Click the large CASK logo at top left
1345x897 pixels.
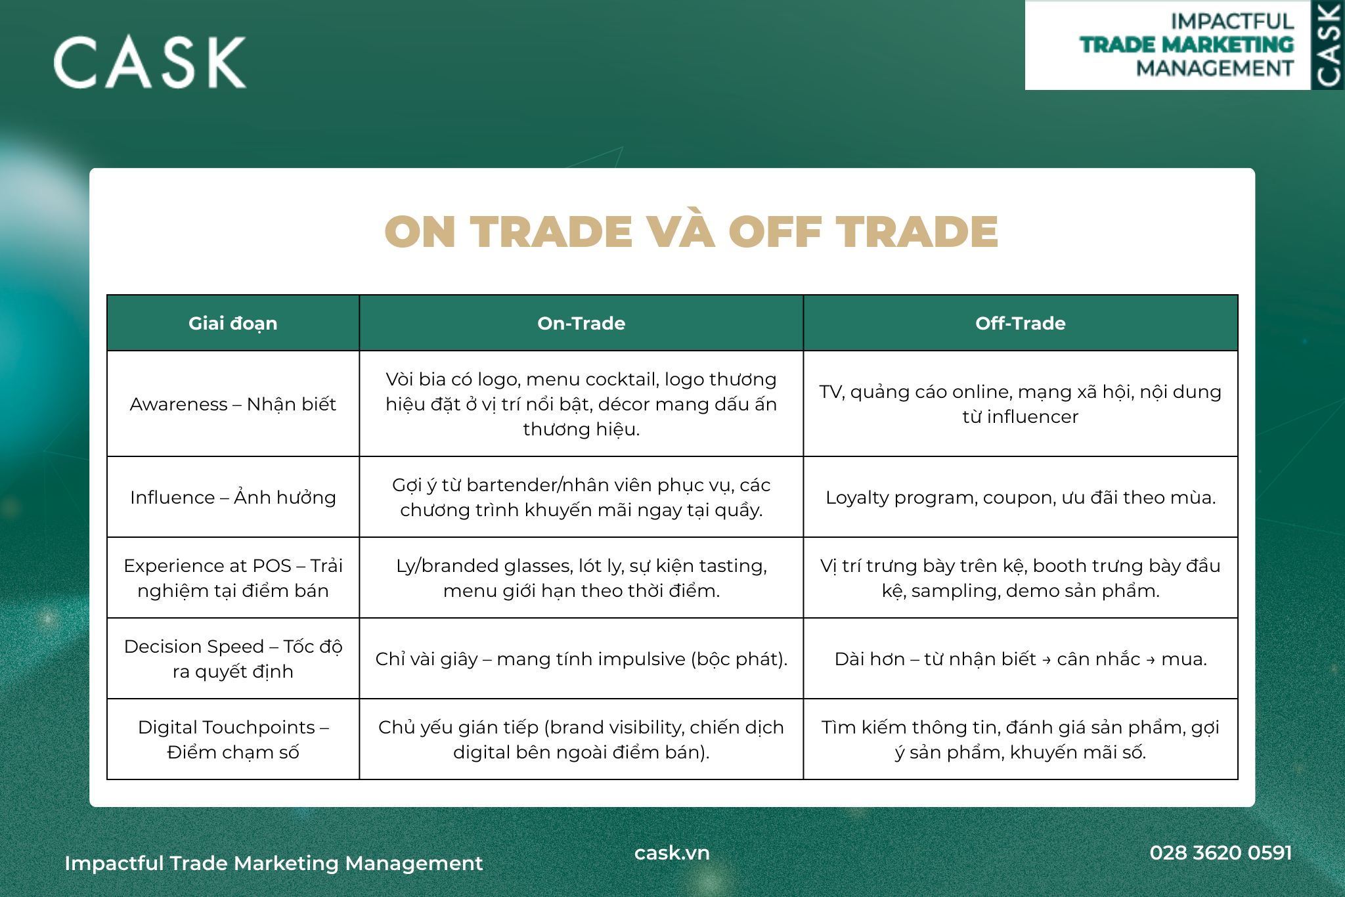pos(150,62)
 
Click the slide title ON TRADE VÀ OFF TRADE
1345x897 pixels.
pos(691,232)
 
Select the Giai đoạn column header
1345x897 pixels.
pos(233,323)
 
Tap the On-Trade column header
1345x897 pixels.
pos(581,323)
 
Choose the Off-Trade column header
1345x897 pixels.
pos(1021,323)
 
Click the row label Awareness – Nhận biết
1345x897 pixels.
pos(233,404)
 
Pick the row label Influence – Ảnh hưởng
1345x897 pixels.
pos(233,496)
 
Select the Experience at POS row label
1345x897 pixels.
pos(233,578)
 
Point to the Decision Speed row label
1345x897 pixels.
pos(233,659)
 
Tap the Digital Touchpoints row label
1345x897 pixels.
pos(233,739)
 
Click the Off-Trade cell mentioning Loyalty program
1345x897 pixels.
pos(1021,497)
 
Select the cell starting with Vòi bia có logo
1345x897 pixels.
pos(581,404)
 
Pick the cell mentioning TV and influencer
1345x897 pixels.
pos(1021,404)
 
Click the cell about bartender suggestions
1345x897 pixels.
pos(581,497)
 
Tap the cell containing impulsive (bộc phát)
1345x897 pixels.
pos(581,659)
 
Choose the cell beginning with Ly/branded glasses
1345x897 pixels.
pos(581,578)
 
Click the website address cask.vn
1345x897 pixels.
pos(672,852)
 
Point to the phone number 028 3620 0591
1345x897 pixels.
pos(1221,852)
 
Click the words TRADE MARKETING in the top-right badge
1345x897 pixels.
pos(1187,45)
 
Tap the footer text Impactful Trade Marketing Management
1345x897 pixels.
pos(274,863)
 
